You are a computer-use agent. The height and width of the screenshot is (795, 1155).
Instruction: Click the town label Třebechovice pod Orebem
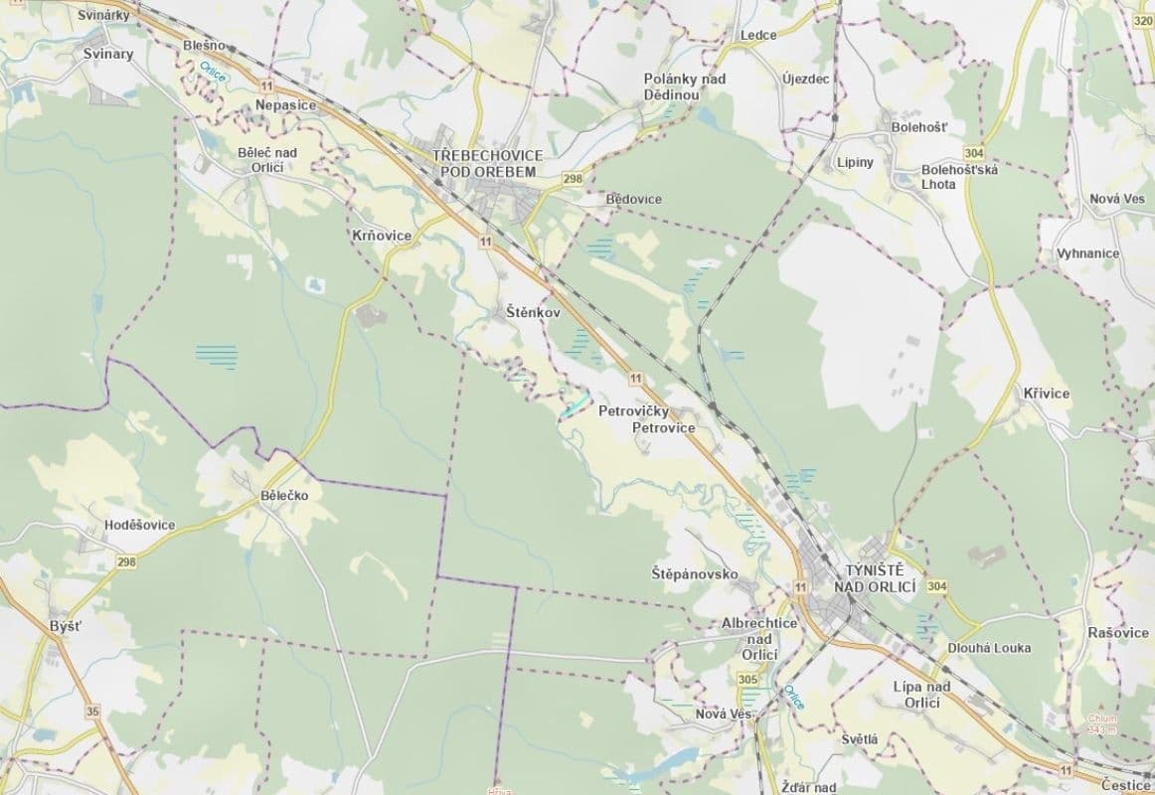point(486,164)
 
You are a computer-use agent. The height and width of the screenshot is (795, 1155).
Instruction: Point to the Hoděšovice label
point(139,525)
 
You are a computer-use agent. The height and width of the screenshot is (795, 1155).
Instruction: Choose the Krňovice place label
point(382,236)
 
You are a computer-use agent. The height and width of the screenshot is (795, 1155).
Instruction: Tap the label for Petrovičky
point(636,410)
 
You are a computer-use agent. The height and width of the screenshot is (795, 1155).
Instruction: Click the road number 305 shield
point(748,679)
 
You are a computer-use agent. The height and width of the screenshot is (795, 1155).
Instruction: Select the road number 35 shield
point(93,711)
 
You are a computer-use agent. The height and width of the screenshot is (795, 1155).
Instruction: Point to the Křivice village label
point(1046,394)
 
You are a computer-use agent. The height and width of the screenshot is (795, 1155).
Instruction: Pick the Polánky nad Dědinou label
point(685,86)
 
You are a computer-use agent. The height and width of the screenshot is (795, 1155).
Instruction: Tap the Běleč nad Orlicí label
point(267,159)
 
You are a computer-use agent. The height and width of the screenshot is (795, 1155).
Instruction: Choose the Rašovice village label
point(1118,633)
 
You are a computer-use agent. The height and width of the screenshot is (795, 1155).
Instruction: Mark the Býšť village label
point(65,626)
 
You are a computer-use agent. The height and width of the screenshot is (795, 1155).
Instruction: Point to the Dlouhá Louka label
point(989,648)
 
